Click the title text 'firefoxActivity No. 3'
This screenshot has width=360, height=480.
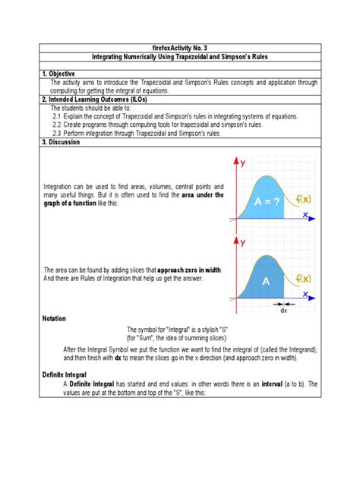179,46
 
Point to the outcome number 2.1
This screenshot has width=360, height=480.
58,116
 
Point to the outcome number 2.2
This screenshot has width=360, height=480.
58,125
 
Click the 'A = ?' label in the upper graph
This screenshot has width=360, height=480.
267,201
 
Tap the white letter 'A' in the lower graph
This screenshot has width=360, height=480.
267,280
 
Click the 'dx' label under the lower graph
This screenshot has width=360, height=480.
283,309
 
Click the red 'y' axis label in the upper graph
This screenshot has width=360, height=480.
242,163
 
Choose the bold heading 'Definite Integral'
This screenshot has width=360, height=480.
67,374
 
